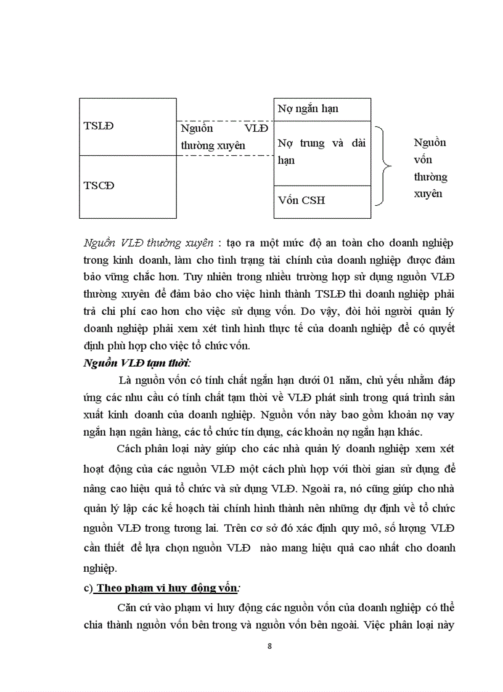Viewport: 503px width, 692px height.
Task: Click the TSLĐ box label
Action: [x=99, y=126]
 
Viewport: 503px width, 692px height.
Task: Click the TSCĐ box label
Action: [x=99, y=185]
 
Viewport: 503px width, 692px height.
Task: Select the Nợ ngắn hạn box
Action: [x=322, y=109]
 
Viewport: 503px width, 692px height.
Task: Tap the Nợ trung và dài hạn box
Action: [x=322, y=152]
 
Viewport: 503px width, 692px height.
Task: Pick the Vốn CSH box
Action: [x=322, y=201]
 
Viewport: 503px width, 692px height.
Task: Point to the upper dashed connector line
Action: [x=225, y=121]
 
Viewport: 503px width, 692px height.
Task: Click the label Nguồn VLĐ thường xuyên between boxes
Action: [x=224, y=137]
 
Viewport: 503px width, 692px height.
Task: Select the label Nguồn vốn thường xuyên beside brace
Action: [x=430, y=168]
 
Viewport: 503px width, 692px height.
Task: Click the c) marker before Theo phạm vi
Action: [x=88, y=588]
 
